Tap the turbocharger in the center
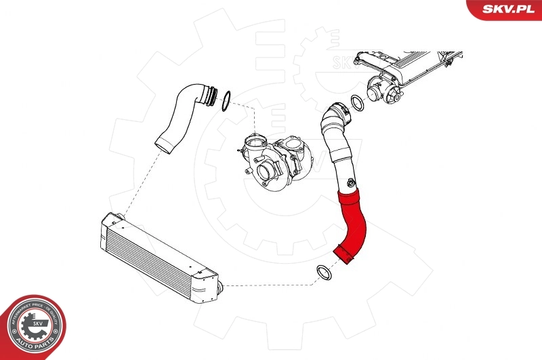point(278,162)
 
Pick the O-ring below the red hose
point(325,273)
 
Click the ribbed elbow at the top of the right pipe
point(334,119)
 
